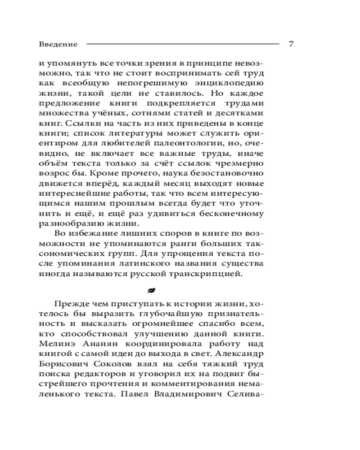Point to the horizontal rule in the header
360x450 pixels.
tap(182, 44)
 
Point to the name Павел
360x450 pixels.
tap(134, 395)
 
